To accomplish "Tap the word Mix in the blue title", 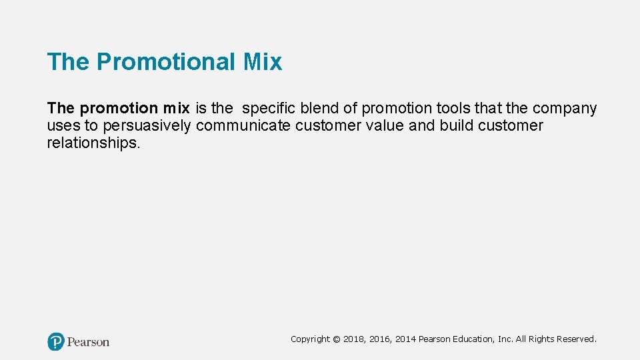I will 263,62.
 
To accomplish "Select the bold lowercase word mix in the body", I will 173,108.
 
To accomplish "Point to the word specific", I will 269,108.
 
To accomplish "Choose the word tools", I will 453,108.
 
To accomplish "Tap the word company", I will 565,108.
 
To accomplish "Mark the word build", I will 457,125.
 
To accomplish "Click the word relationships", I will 93,143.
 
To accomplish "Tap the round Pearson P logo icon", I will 56,342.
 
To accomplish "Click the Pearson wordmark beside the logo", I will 88,342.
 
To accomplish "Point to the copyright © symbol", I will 337,339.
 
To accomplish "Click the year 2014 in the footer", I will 405,339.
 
